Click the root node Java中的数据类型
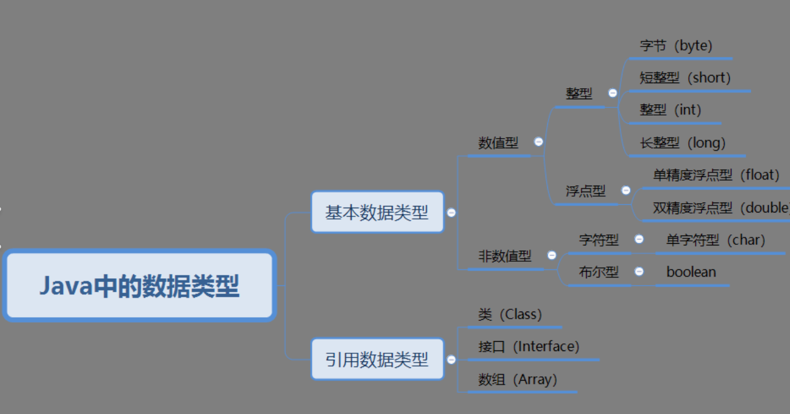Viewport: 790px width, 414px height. [x=139, y=286]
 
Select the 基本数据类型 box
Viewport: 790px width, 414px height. [x=377, y=212]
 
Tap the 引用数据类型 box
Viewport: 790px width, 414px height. [x=377, y=360]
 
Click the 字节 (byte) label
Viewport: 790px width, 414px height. [x=676, y=45]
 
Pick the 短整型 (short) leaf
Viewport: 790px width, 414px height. [x=685, y=78]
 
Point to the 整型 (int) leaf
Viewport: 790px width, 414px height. [x=670, y=110]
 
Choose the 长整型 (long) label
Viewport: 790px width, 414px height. [x=682, y=143]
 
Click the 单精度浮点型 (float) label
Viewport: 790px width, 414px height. [x=715, y=175]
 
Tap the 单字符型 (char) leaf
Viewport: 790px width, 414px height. [x=715, y=240]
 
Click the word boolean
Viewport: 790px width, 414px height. [x=691, y=272]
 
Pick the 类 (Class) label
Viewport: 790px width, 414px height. [x=510, y=314]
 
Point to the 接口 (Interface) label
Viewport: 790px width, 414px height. [x=528, y=347]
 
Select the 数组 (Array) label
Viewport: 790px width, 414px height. [x=517, y=379]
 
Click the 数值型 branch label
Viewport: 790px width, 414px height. [x=498, y=143]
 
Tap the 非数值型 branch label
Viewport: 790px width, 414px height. [x=505, y=256]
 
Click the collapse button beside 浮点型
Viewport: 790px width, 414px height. [x=626, y=191]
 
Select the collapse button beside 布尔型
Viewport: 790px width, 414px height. [x=639, y=272]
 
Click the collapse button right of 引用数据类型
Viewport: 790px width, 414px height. [x=451, y=360]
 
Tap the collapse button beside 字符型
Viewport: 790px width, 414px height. [x=639, y=239]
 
